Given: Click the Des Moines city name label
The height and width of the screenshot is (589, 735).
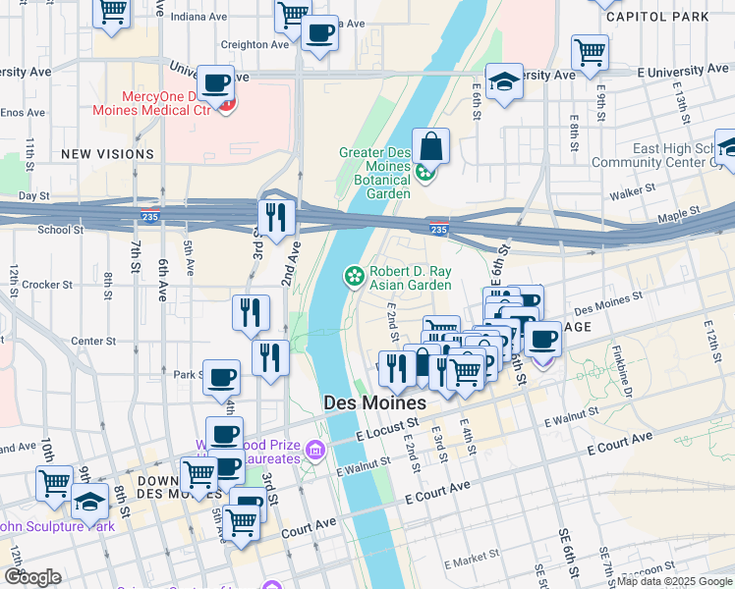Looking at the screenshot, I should point(374,403).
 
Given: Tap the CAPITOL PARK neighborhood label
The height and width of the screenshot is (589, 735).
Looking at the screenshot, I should point(657,17).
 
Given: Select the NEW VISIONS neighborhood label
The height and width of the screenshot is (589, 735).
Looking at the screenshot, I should point(107,154).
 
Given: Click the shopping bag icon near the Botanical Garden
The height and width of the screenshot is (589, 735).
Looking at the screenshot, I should point(430,148).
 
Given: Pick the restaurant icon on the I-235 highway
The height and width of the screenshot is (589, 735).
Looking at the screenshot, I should point(276,216).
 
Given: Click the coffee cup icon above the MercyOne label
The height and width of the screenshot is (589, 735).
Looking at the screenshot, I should point(215,83).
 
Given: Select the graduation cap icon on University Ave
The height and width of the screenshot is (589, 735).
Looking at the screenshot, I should point(504,81).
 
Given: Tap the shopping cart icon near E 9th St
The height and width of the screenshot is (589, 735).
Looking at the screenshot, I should point(590,52).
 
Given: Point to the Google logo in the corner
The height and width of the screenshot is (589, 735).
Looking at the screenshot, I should point(31,577).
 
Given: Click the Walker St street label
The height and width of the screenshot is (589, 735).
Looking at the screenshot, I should point(631,195).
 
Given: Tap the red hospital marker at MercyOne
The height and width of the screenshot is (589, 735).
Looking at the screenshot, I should point(227,104).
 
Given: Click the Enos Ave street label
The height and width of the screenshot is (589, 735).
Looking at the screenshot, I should point(22,112).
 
